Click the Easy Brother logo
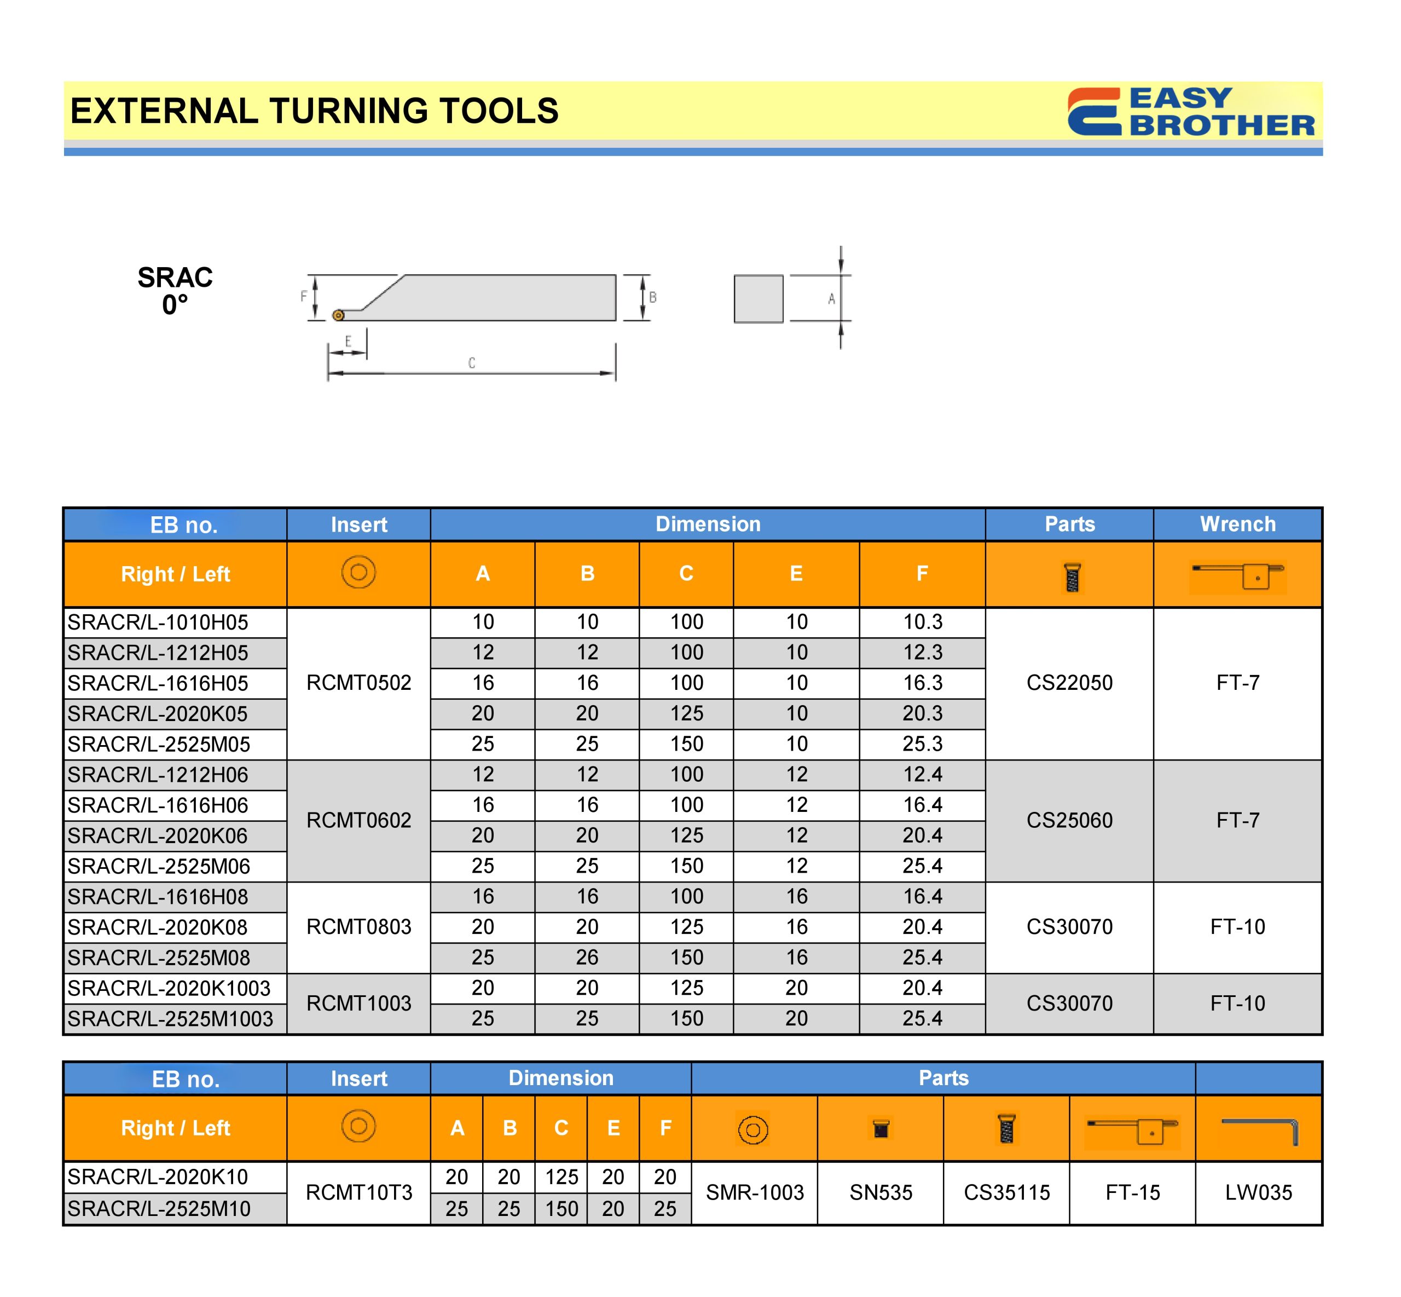1190,112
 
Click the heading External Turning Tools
314,111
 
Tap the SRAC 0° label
175,291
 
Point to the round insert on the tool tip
338,315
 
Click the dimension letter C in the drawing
471,363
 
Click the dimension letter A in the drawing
831,299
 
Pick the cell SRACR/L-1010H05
159,622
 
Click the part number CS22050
1069,683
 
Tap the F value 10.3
922,622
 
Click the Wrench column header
1237,524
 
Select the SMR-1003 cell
754,1192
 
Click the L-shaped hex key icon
1260,1129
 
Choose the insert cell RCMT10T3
358,1192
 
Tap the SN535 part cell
881,1192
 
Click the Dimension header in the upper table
708,524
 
